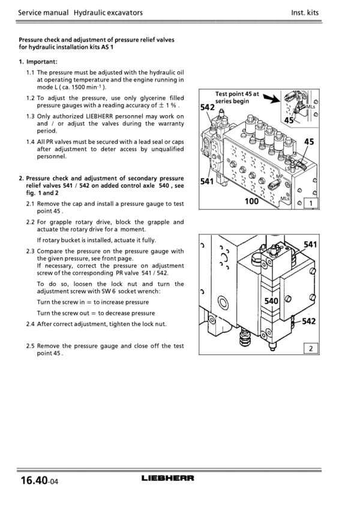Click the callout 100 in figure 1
pyautogui.click(x=252, y=201)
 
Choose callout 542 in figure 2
pyautogui.click(x=308, y=321)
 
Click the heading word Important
pyautogui.click(x=42, y=61)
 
